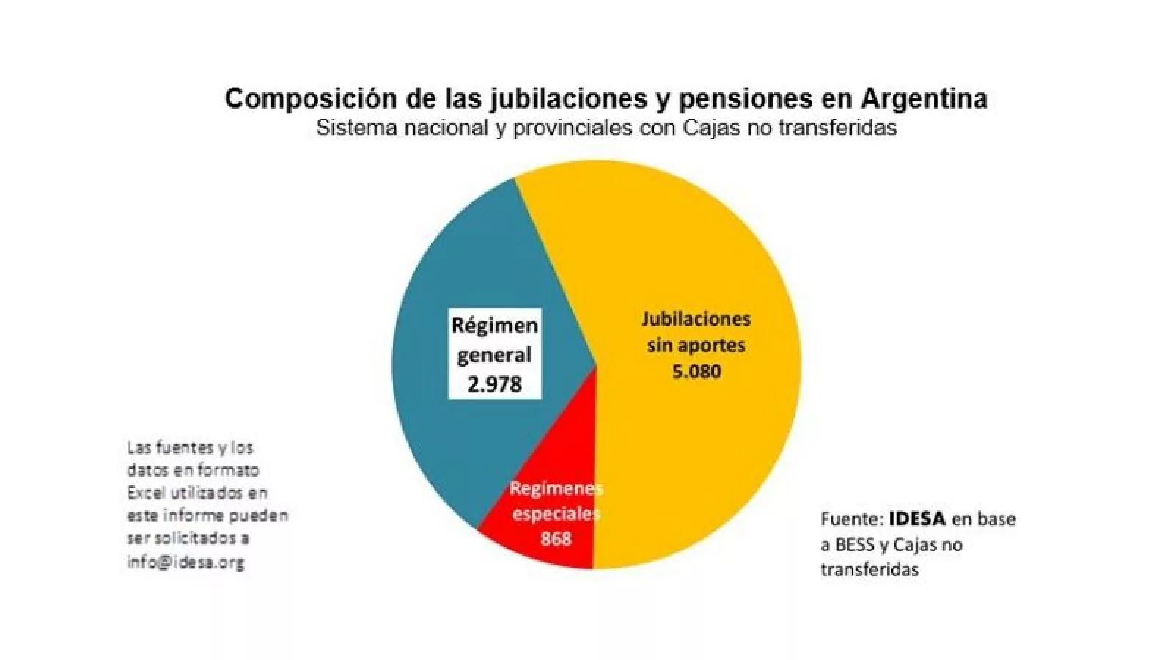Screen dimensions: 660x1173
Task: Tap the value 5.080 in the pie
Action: click(696, 372)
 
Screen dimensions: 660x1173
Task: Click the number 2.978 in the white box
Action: click(494, 384)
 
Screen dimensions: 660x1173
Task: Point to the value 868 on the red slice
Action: click(556, 538)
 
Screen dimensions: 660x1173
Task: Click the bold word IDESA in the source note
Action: click(917, 519)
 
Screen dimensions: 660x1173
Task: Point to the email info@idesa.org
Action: click(185, 563)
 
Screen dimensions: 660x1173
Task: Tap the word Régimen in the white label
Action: click(494, 325)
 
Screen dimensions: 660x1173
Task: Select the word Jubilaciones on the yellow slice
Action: click(696, 319)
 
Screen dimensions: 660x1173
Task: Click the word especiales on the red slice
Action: click(556, 514)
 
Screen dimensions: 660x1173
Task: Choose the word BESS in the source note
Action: click(856, 545)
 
